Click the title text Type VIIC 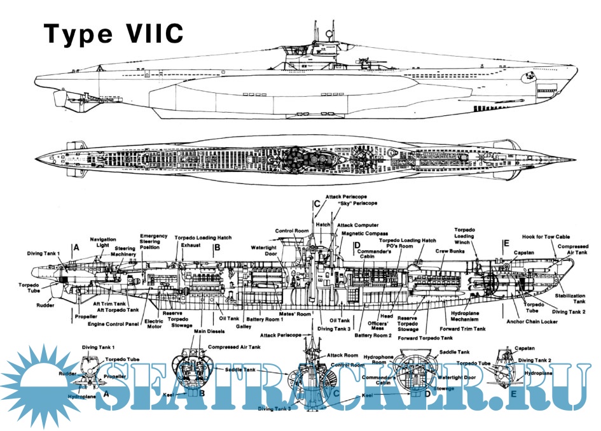tap(113, 33)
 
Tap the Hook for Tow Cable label tap(549, 236)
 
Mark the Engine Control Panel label tap(113, 323)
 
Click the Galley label tap(244, 326)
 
